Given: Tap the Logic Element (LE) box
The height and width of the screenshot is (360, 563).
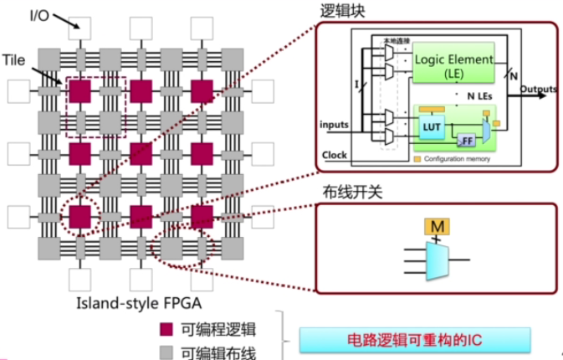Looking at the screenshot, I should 452,64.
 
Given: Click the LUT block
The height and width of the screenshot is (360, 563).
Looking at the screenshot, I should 432,126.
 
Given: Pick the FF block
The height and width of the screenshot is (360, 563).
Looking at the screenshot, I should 466,137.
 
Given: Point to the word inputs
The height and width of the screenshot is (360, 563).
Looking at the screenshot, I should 334,126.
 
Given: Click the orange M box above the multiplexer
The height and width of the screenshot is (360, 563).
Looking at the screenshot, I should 435,226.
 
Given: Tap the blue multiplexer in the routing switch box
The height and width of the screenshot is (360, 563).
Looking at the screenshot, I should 436,258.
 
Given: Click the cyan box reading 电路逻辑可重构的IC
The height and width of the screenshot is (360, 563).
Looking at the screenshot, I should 415,341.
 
